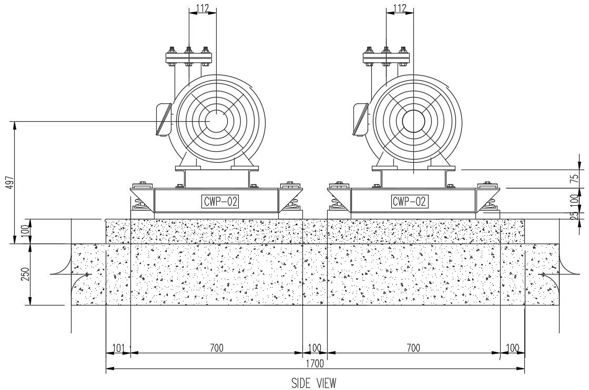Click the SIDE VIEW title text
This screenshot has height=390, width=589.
[313, 383]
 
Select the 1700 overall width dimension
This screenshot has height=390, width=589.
[314, 363]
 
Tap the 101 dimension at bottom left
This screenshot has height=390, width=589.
[118, 347]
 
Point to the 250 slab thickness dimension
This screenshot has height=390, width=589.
[24, 275]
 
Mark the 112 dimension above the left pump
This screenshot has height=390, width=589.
[202, 8]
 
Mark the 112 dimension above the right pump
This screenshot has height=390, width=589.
[400, 8]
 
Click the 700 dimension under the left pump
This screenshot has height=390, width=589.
[216, 347]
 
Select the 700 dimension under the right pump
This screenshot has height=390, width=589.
[413, 347]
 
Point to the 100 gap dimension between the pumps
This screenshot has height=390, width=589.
[314, 347]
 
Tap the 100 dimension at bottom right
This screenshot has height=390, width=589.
[512, 347]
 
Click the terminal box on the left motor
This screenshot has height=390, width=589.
[164, 120]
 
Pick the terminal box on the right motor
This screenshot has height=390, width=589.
[360, 119]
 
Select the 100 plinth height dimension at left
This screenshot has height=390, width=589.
[24, 231]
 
